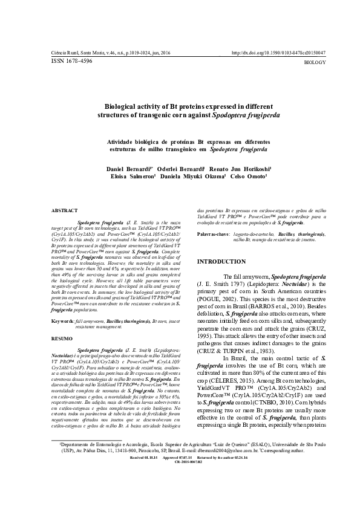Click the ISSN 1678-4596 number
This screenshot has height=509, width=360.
(x=72, y=61)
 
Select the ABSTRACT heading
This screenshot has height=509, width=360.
(x=63, y=213)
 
